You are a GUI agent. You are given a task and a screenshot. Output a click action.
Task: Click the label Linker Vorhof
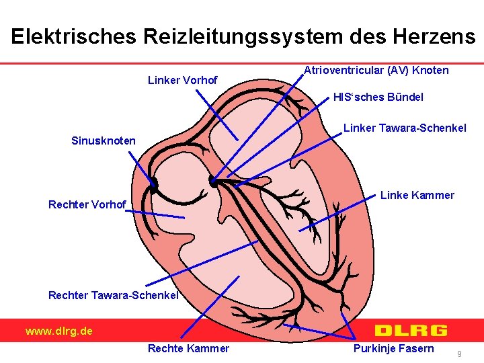pos(182,81)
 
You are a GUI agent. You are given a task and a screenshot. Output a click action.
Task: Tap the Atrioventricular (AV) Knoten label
pos(376,70)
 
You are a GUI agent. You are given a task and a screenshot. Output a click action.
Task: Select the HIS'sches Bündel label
pos(378,97)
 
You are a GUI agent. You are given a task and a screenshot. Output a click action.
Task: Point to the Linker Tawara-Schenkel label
pos(405,128)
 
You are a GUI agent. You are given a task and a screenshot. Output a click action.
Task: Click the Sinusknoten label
pos(103,141)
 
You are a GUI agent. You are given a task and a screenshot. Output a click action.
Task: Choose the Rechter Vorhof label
pos(87,204)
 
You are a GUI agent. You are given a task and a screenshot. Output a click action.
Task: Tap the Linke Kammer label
pos(417,196)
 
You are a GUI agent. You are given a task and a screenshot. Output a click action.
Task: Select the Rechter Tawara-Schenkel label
pos(113,295)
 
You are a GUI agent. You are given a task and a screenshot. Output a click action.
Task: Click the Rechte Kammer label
pos(188,348)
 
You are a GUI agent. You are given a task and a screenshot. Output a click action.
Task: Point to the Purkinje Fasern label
pos(393,348)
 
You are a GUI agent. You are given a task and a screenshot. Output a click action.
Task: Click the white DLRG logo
pos(410,330)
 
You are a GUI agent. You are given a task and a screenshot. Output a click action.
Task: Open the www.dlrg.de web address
pos(59,331)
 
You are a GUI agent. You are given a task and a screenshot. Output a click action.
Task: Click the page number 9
pos(459,353)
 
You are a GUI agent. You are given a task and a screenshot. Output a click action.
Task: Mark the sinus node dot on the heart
pos(154,182)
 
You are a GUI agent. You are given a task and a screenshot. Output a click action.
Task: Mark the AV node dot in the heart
pos(214,181)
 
